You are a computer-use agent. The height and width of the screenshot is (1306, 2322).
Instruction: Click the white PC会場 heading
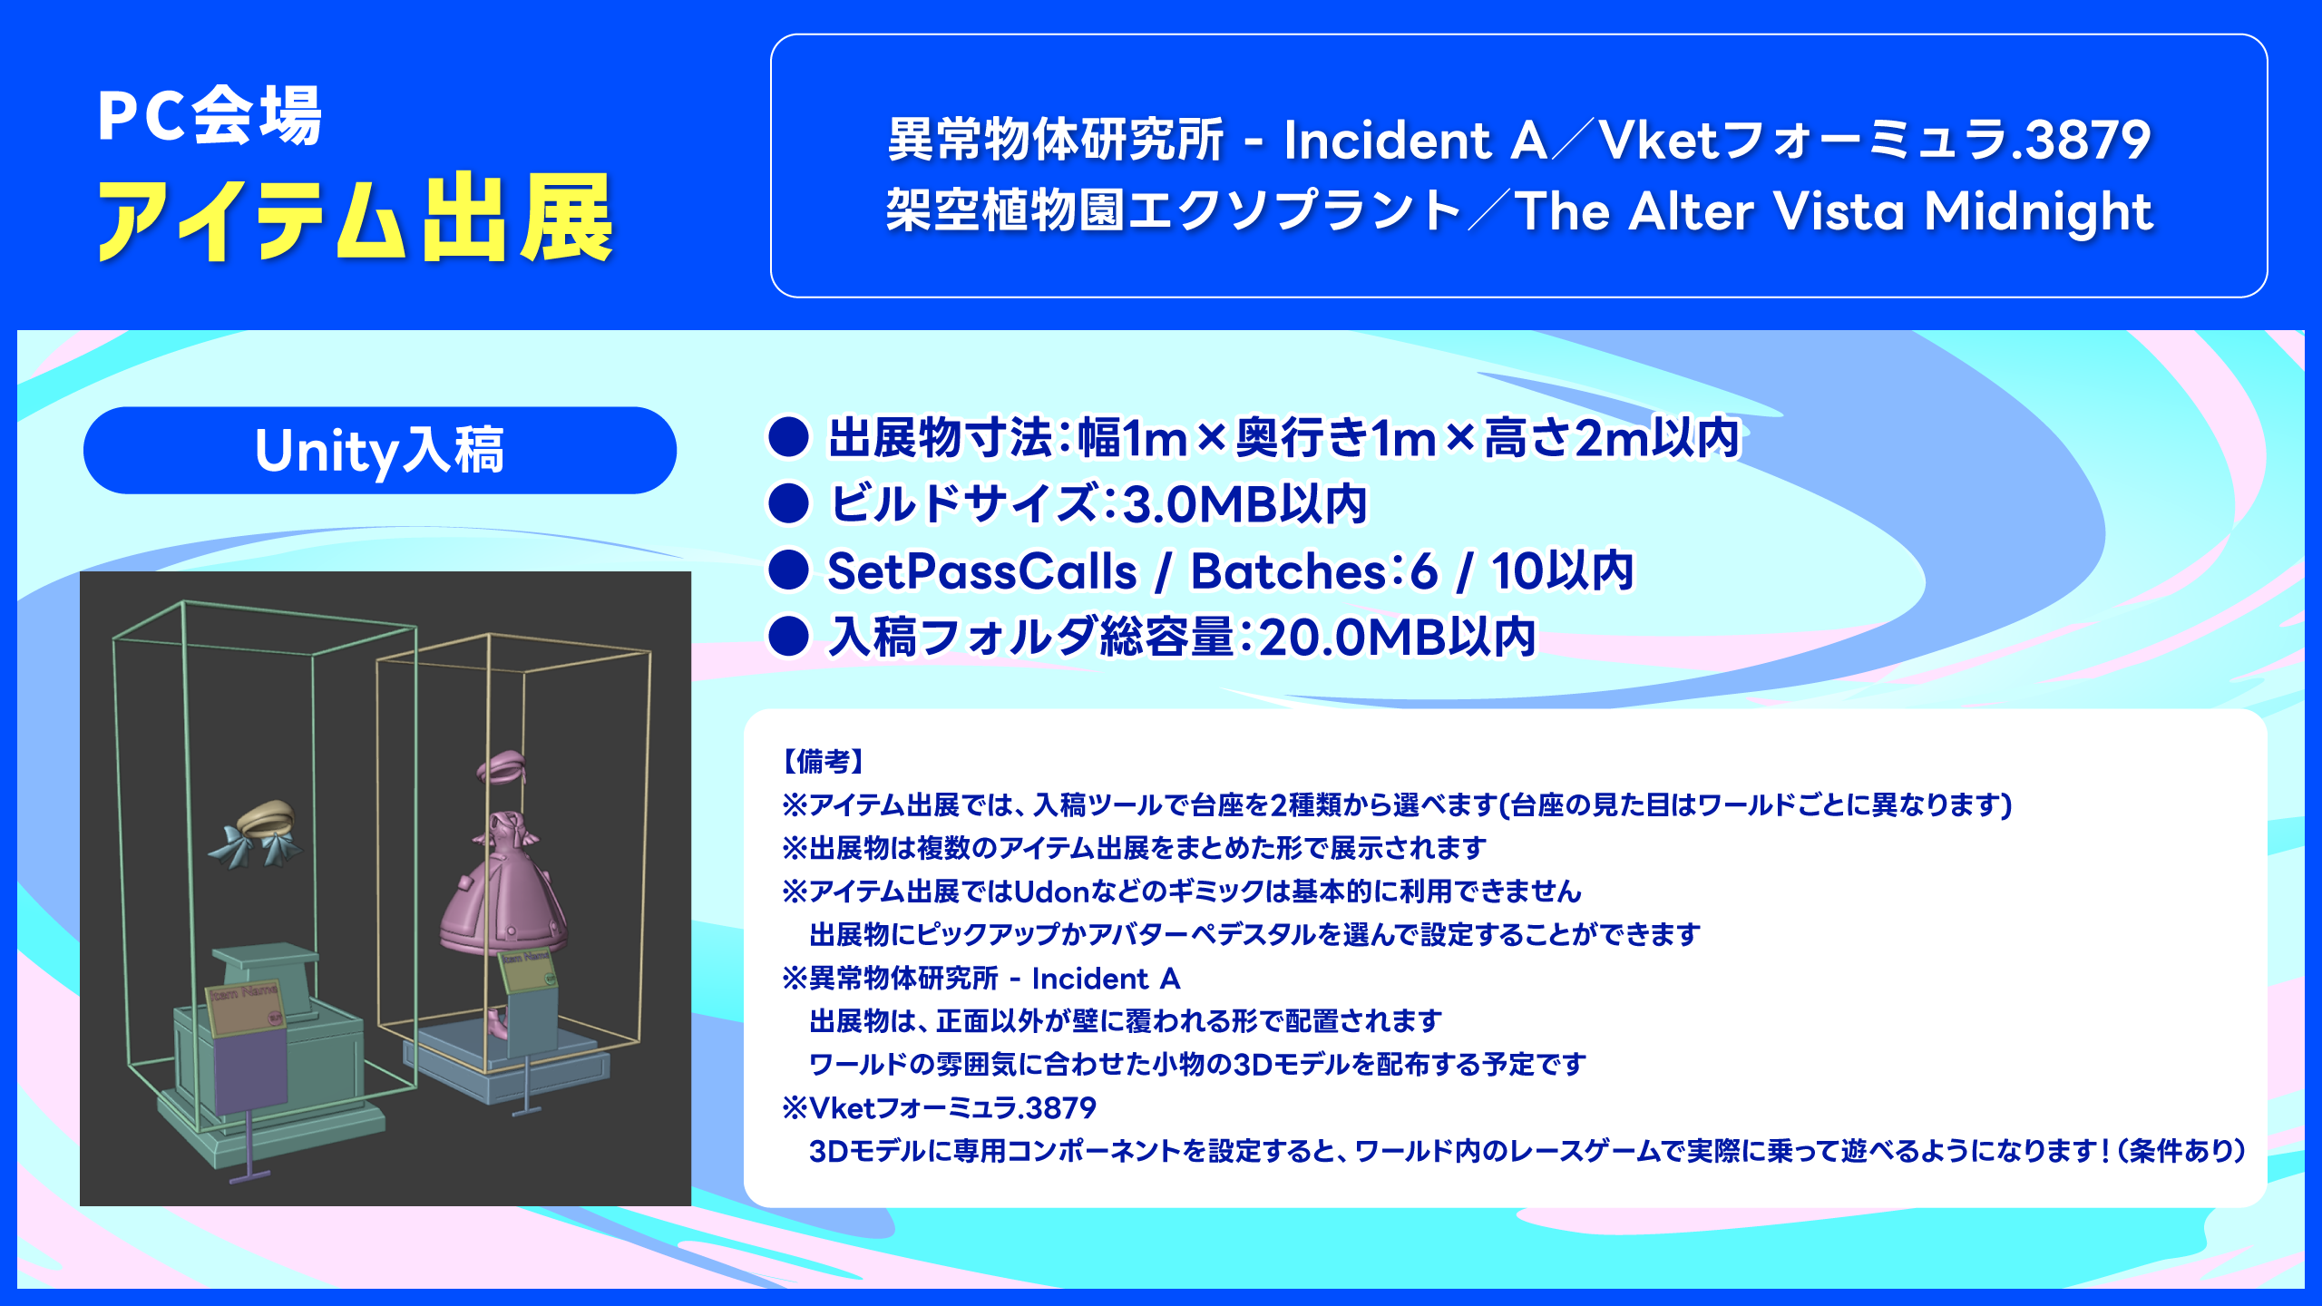coord(210,115)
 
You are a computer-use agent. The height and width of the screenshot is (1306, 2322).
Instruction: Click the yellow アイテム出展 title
coord(356,218)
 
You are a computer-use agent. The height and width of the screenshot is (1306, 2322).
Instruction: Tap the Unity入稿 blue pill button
coord(380,451)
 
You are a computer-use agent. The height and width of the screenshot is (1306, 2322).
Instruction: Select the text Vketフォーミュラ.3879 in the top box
coord(1875,141)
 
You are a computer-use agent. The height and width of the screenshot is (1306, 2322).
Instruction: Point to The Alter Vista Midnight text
coord(1834,211)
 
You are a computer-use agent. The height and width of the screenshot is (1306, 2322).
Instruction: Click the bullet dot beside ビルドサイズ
coord(788,504)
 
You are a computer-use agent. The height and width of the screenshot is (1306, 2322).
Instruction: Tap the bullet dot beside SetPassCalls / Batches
coord(788,570)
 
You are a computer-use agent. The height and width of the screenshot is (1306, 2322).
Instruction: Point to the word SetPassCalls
coord(981,571)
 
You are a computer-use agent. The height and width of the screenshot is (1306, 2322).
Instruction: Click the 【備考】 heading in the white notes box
coord(823,761)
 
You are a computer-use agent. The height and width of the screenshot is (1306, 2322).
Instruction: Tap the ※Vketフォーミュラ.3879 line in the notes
coord(939,1107)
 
